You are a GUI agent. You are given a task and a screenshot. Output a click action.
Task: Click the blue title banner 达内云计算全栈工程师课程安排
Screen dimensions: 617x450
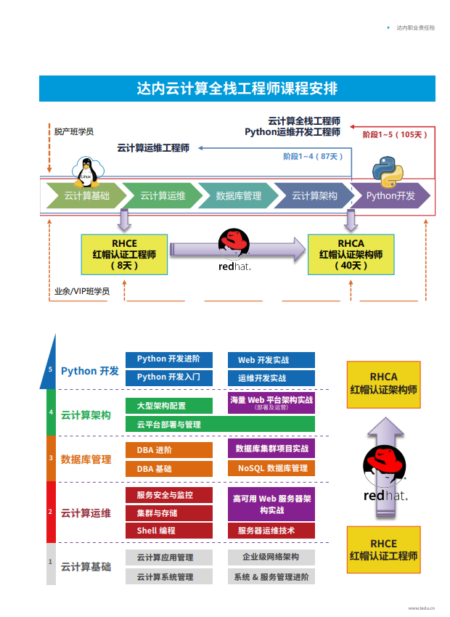pyautogui.click(x=237, y=89)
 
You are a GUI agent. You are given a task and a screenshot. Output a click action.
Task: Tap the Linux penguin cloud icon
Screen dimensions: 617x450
pyautogui.click(x=87, y=171)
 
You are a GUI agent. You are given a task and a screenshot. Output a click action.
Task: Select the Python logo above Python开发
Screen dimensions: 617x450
pyautogui.click(x=387, y=171)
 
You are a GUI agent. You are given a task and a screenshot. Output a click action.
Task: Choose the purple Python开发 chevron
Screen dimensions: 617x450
pyautogui.click(x=390, y=196)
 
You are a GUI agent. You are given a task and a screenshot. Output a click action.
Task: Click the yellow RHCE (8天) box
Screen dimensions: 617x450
pyautogui.click(x=124, y=254)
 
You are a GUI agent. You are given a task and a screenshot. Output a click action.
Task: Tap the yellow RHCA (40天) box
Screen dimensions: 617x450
pyautogui.click(x=351, y=254)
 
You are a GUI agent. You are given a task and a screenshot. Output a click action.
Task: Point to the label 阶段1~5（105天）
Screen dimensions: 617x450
pyautogui.click(x=396, y=134)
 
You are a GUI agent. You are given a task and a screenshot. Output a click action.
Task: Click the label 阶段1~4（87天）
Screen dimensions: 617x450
pyautogui.click(x=313, y=156)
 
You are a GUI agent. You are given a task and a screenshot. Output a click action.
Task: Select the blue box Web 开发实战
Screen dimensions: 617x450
pyautogui.click(x=271, y=360)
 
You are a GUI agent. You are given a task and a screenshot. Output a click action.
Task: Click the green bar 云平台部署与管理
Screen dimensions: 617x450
pyautogui.click(x=220, y=424)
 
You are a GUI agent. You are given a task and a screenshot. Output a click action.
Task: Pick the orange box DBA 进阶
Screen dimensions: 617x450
pyautogui.click(x=169, y=450)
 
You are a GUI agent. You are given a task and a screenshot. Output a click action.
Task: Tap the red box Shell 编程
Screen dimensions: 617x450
pyautogui.click(x=169, y=531)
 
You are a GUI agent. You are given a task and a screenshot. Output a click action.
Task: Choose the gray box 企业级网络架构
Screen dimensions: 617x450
pyautogui.click(x=271, y=557)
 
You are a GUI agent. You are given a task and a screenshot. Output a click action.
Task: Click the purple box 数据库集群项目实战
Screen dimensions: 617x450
pyautogui.click(x=271, y=449)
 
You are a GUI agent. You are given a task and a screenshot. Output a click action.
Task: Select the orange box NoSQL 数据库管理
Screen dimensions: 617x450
pyautogui.click(x=271, y=468)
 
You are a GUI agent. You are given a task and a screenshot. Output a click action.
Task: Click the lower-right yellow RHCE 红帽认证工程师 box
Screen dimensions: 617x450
pyautogui.click(x=383, y=550)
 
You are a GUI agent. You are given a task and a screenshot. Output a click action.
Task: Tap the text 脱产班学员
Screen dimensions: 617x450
pyautogui.click(x=73, y=132)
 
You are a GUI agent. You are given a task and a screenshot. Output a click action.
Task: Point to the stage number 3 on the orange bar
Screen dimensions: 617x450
pyautogui.click(x=51, y=458)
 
